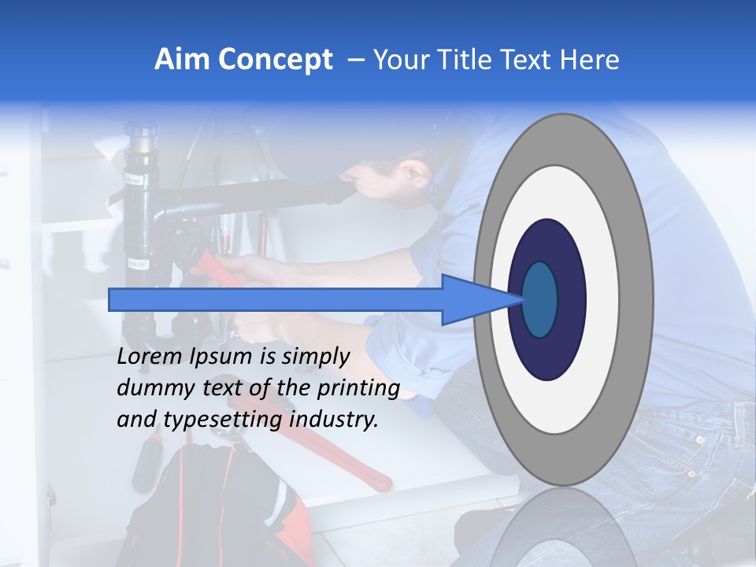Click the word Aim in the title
183,60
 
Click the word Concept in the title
275,61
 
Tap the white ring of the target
602,299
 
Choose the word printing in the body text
358,390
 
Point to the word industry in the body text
334,420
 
